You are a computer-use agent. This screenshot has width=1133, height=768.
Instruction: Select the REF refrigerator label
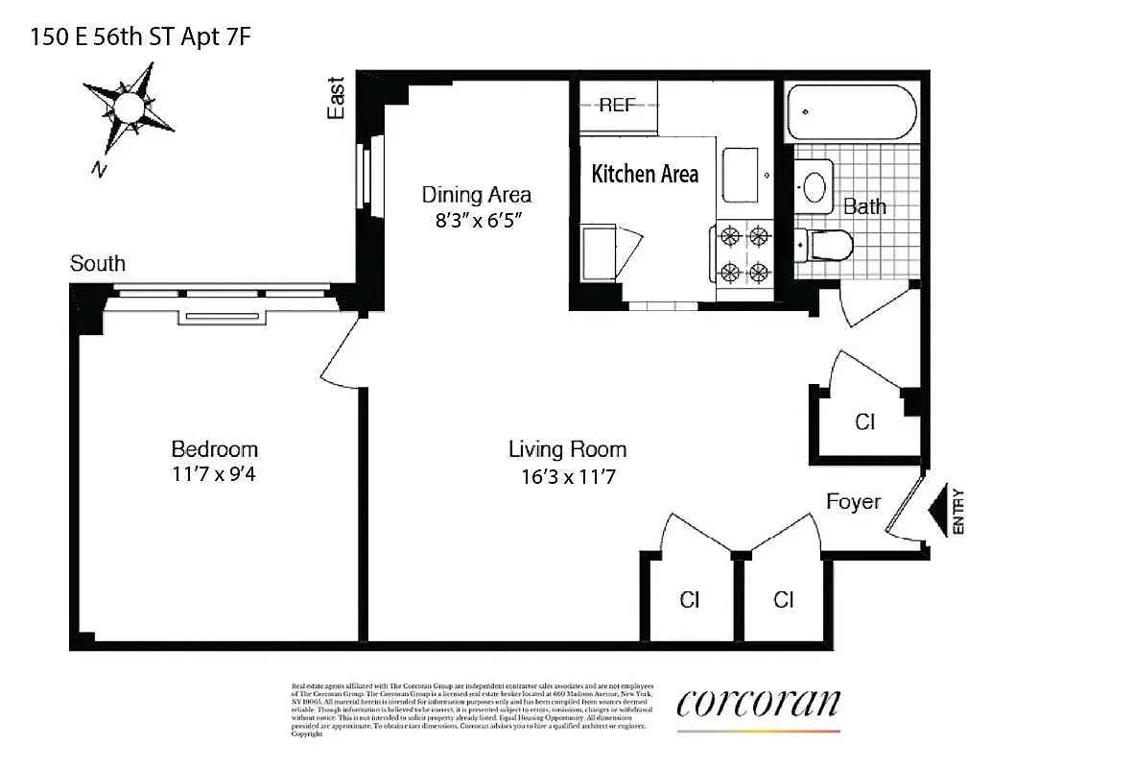[x=616, y=106]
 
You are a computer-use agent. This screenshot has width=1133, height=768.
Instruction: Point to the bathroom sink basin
[x=816, y=187]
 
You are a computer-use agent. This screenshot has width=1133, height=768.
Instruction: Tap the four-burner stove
[x=745, y=252]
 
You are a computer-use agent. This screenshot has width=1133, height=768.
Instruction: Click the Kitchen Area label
[x=645, y=174]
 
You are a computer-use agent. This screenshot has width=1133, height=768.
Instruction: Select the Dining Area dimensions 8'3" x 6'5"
[x=476, y=219]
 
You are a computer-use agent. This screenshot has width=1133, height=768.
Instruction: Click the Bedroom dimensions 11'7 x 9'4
[x=214, y=472]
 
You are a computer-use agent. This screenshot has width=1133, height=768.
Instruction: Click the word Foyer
[x=853, y=501]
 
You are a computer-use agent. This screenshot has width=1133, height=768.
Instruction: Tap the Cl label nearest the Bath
[x=864, y=421]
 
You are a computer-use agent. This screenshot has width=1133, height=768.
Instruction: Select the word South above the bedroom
[x=97, y=264]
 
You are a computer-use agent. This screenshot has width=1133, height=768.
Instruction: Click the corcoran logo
[x=758, y=705]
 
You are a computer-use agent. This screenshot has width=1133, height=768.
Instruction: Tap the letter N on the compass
[x=97, y=170]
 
